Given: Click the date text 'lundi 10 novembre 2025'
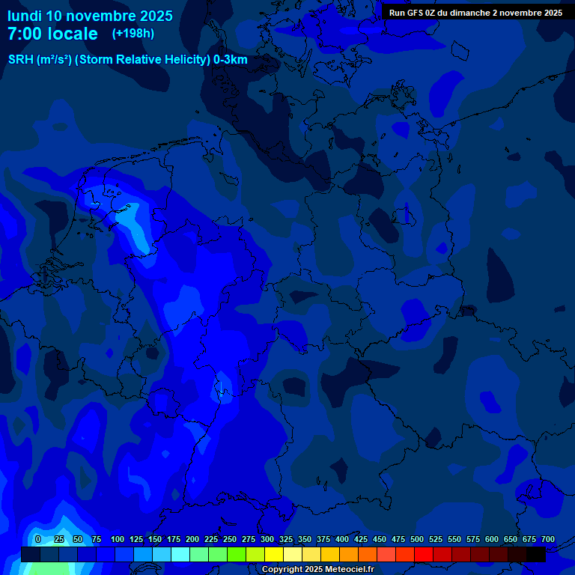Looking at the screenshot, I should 90,16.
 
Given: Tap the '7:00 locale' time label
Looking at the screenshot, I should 52,34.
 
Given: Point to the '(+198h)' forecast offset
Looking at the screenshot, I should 133,33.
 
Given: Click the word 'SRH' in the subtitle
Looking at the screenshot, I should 21,60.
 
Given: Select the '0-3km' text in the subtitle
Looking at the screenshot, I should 230,60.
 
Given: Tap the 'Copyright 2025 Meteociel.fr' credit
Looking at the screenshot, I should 317,569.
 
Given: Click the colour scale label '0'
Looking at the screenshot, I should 37,539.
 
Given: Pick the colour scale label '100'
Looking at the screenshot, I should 118,539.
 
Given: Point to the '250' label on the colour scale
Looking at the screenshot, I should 230,539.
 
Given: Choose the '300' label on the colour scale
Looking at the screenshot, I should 267,539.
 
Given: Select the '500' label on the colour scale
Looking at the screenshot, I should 417,539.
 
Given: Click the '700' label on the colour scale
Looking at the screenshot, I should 548,539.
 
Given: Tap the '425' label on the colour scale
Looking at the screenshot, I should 361,539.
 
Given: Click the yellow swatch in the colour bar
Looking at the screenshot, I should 274,554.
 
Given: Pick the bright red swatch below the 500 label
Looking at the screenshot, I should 424,554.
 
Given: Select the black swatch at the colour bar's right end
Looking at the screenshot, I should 536,554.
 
